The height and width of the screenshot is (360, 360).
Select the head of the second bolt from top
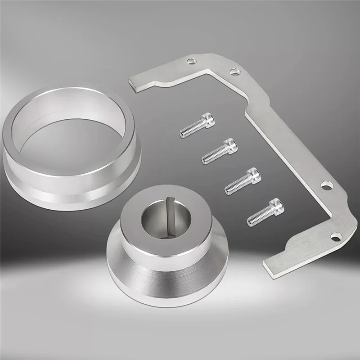point(229,145)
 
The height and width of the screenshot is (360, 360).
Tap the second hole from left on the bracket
point(234,71)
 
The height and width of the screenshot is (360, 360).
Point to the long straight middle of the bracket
point(288,144)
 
